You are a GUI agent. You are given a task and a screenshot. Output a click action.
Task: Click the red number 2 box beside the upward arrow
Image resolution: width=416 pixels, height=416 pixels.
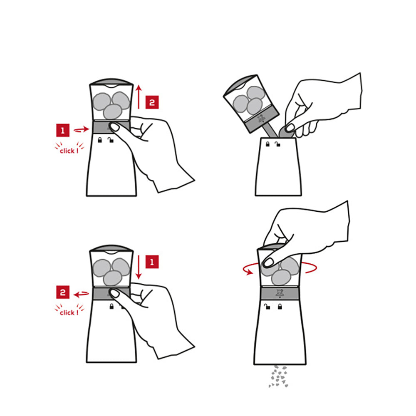pos(152,102)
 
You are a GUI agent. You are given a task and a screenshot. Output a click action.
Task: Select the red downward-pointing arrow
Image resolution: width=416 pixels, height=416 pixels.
pos(139,267)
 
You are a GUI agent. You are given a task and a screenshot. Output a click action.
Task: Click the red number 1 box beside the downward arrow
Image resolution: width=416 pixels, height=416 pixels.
pos(152,262)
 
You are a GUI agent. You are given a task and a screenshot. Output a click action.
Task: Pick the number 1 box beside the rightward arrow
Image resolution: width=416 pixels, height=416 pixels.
pos(63,130)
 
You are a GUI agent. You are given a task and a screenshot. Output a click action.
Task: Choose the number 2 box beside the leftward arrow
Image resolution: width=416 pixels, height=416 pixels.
pos(63,292)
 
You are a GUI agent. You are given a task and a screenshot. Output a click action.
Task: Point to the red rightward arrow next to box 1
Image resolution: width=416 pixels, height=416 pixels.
pos(81,129)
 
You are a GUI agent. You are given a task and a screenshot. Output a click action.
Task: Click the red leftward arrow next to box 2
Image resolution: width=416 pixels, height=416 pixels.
pos(81,294)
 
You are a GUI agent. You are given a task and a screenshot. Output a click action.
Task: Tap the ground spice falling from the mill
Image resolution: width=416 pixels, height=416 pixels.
pos(278,376)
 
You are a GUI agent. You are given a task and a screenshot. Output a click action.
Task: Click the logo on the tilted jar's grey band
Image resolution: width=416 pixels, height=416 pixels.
pos(261,118)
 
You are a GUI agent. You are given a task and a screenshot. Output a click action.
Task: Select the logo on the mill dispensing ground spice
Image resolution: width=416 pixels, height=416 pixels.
pos(280,293)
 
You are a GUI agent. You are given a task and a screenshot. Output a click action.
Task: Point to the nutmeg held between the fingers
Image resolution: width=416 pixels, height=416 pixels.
pos(287,131)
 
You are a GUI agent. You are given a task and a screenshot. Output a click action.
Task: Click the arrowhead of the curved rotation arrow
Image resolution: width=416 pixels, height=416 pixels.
pos(249,272)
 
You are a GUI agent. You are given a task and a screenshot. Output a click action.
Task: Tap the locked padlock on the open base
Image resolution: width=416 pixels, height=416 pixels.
pos(267,144)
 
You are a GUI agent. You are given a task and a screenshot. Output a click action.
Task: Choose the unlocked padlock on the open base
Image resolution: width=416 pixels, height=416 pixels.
pos(277,144)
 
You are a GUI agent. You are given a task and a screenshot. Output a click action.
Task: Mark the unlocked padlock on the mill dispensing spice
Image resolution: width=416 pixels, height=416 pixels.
pos(267,307)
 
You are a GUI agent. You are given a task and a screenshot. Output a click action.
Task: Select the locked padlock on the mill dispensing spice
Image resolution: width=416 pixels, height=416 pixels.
pos(280,307)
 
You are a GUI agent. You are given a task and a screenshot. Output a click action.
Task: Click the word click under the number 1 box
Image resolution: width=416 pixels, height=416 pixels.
pos(67,151)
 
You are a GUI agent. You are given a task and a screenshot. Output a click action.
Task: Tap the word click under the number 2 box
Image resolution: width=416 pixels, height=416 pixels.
pos(67,313)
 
